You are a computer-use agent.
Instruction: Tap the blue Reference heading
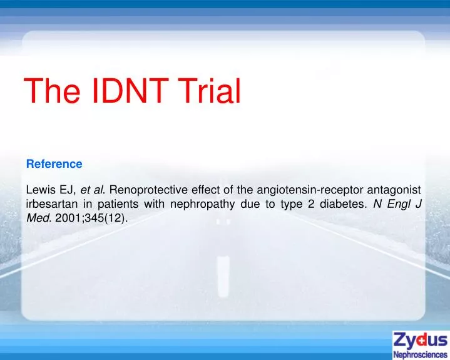pyautogui.click(x=54, y=164)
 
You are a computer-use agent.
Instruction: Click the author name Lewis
pyautogui.click(x=40, y=190)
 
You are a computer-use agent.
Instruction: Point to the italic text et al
pyautogui.click(x=93, y=190)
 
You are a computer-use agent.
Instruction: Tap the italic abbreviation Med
pyautogui.click(x=38, y=218)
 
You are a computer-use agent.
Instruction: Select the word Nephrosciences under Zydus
pyautogui.click(x=420, y=354)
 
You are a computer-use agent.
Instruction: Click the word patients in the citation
pyautogui.click(x=121, y=204)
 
